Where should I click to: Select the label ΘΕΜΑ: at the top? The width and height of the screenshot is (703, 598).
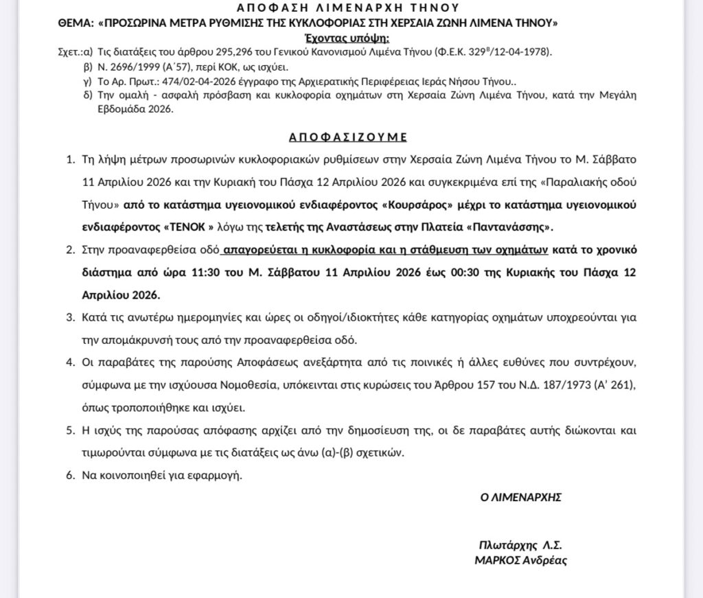[76, 23]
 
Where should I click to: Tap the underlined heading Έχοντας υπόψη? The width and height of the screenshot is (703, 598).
[350, 37]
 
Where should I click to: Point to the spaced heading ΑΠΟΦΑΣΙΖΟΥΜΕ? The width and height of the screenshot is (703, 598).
[351, 136]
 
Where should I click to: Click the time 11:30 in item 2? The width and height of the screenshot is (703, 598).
[205, 272]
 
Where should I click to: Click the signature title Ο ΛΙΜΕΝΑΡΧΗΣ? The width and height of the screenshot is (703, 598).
[520, 497]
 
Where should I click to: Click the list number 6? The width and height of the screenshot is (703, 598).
[69, 475]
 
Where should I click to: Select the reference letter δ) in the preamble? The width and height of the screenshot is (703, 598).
[87, 95]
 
